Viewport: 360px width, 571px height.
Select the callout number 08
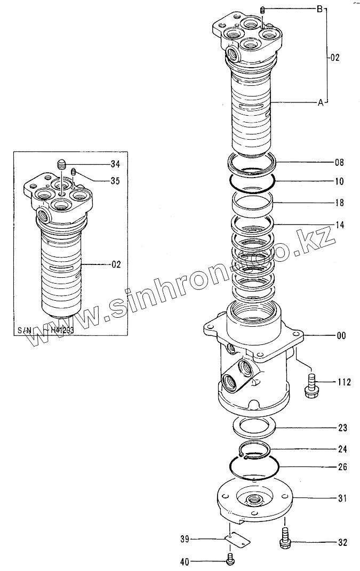click(x=340, y=162)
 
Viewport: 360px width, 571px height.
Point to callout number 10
click(x=340, y=181)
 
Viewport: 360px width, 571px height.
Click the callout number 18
click(x=340, y=203)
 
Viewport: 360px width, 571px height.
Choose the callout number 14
click(x=340, y=225)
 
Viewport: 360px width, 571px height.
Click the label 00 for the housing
click(x=341, y=336)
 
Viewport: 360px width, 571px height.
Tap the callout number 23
click(x=341, y=428)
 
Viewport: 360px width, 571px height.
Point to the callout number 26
click(x=341, y=467)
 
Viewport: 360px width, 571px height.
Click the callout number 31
click(x=341, y=498)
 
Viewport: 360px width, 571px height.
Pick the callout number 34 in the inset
click(x=115, y=163)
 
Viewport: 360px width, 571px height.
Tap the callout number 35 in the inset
click(x=115, y=181)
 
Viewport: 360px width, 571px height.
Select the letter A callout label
click(x=321, y=103)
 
